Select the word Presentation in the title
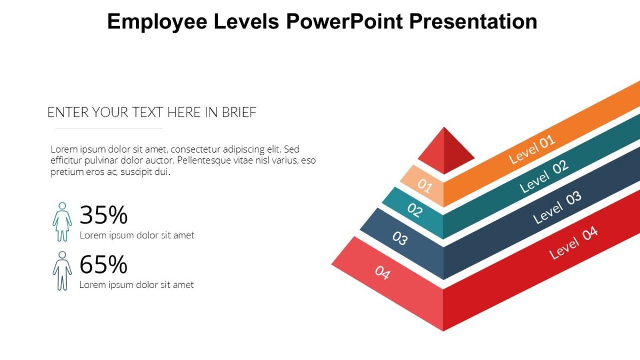click(x=474, y=21)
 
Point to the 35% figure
click(x=103, y=215)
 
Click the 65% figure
click(x=103, y=265)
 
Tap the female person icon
click(x=62, y=221)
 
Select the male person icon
click(x=62, y=271)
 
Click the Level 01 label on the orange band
click(x=532, y=149)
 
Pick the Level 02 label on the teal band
click(x=544, y=177)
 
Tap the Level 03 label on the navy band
click(x=557, y=207)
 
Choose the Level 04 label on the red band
click(x=573, y=243)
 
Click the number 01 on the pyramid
click(x=425, y=185)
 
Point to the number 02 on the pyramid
click(x=414, y=210)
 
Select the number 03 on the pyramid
click(x=400, y=238)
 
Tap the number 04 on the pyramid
click(x=382, y=273)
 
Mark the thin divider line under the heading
click(x=109, y=129)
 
